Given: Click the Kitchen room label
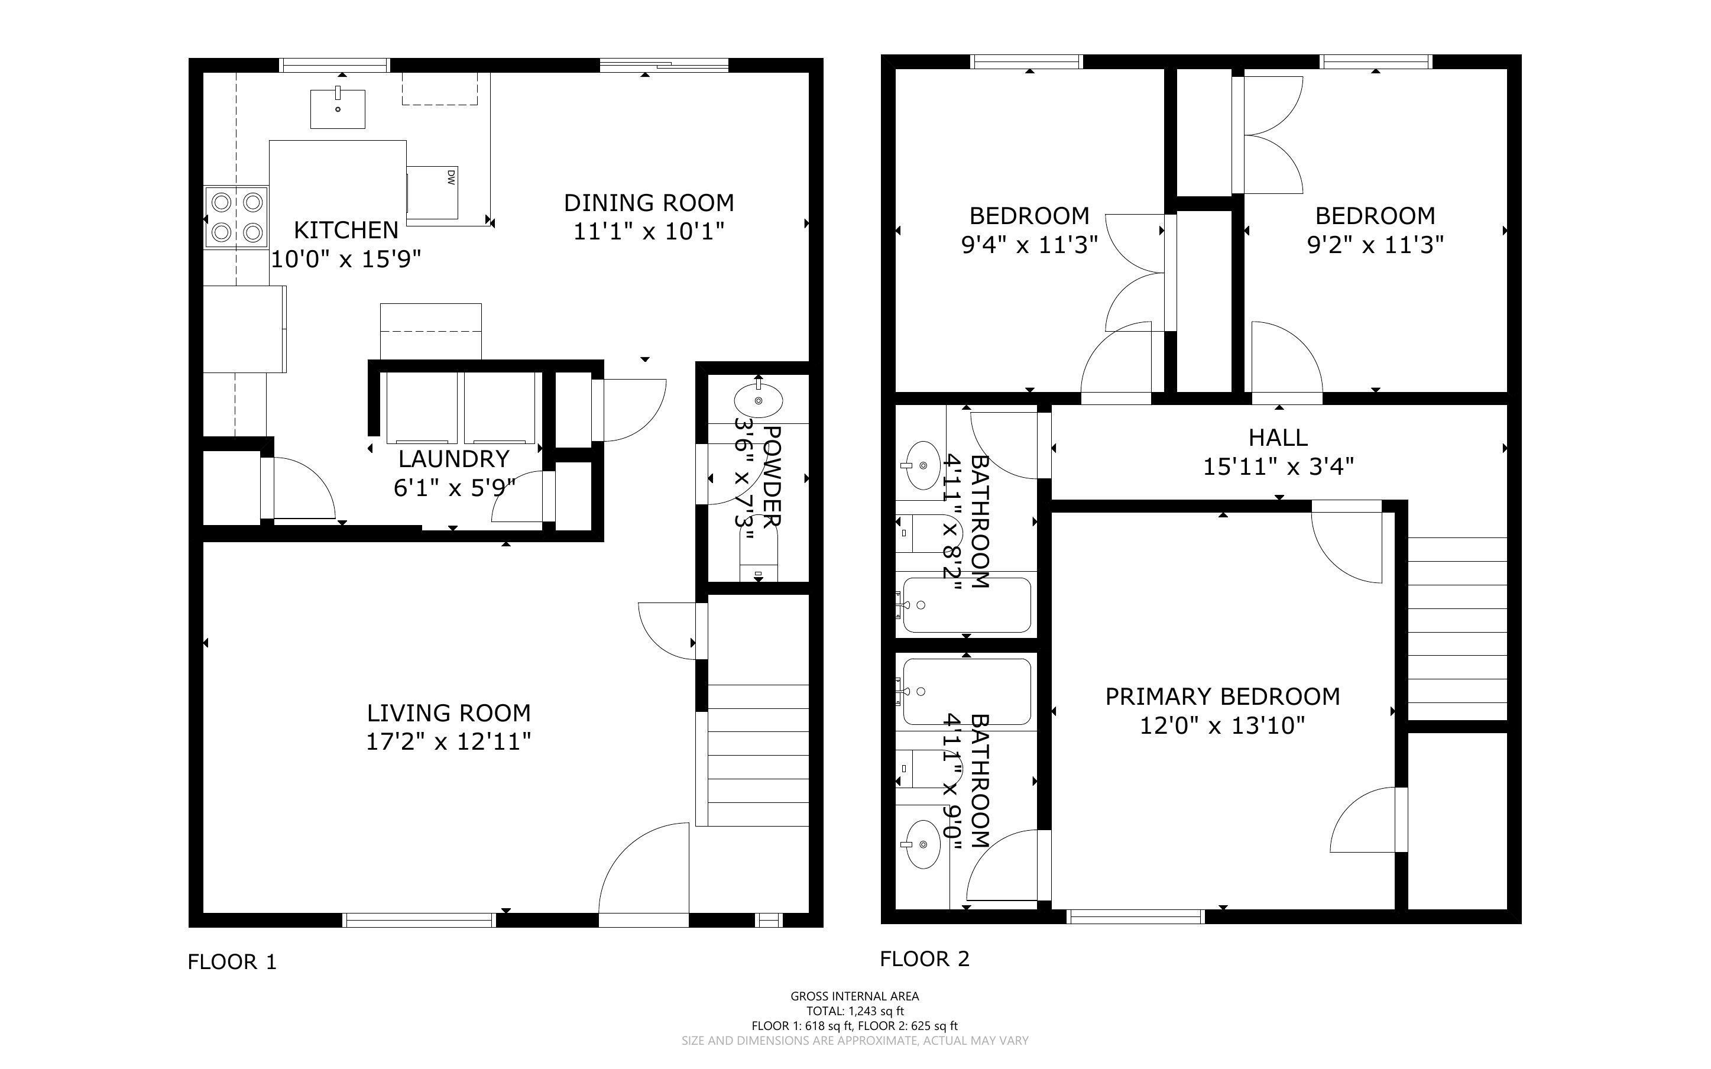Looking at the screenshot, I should [x=346, y=230].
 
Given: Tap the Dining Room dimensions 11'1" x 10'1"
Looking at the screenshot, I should [x=648, y=231].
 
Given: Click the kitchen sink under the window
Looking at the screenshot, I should [x=338, y=109].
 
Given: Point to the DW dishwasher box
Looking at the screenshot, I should [x=433, y=192].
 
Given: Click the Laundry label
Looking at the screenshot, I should [x=453, y=459].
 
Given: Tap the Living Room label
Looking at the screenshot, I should [x=448, y=712].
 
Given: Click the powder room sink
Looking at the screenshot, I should [x=759, y=401].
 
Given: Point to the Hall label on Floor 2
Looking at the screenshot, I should [x=1277, y=438].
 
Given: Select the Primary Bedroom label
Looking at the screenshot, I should [x=1222, y=697].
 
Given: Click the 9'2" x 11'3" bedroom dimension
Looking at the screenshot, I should [x=1375, y=245].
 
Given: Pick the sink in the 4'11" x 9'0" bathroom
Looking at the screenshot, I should [x=923, y=844].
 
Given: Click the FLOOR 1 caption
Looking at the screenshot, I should [x=232, y=961].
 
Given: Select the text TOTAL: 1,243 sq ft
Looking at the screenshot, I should [x=854, y=1011].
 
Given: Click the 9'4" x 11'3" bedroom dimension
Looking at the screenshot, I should [x=1029, y=245].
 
